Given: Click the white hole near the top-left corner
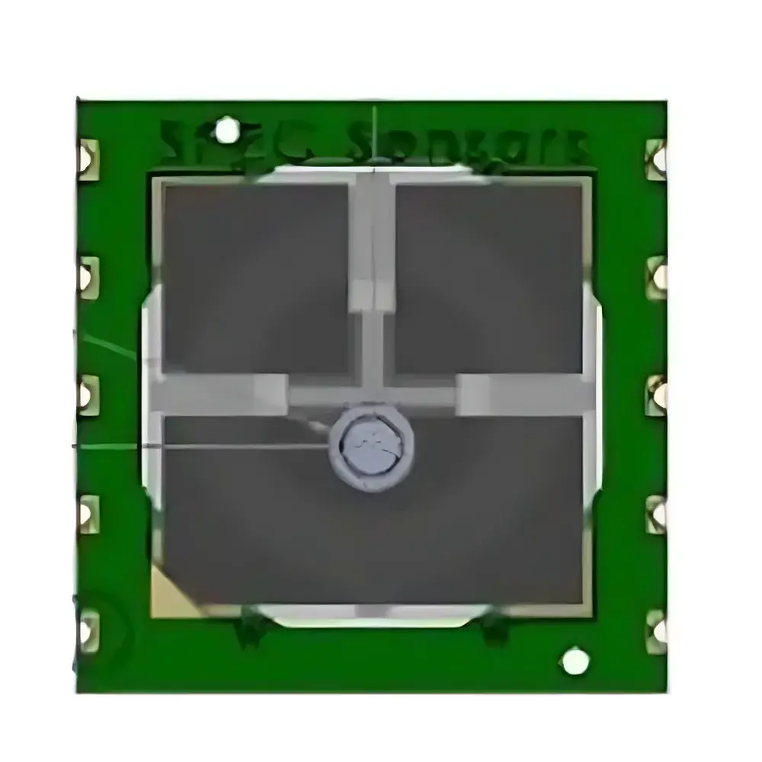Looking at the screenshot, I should click(x=226, y=130).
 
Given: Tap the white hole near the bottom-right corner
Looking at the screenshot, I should click(x=575, y=661).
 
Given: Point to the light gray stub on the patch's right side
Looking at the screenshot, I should click(x=522, y=395).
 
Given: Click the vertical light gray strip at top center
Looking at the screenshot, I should click(x=372, y=244).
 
